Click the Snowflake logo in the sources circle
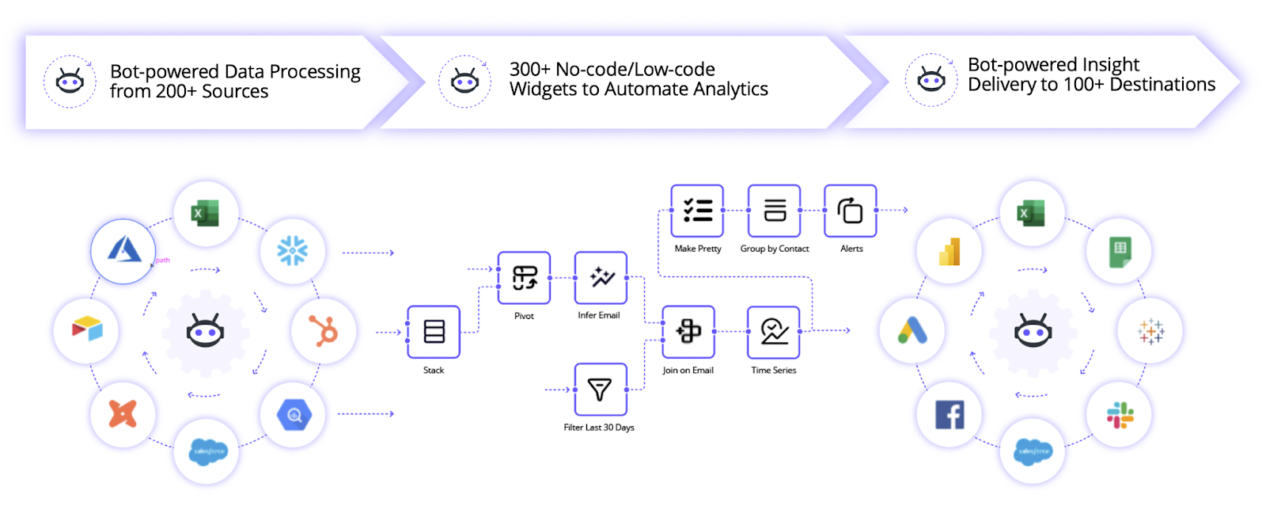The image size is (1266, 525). [x=292, y=251]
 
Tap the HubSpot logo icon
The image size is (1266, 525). [x=324, y=331]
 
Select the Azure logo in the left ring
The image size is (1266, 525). [x=123, y=251]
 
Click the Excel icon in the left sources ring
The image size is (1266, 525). [x=205, y=213]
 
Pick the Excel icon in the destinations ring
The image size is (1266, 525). [x=1031, y=213]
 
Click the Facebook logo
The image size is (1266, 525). [x=949, y=414]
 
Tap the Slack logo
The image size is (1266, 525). [x=1120, y=414]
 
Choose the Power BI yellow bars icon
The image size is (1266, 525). [x=949, y=252]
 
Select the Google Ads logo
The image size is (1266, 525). [x=912, y=330]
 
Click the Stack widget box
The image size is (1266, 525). [x=434, y=332]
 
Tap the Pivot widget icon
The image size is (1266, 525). [x=524, y=278]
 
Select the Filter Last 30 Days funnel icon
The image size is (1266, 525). [x=600, y=390]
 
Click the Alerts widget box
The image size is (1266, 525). [x=851, y=211]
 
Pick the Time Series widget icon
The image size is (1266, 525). [x=774, y=332]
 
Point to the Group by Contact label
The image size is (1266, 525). [x=775, y=249]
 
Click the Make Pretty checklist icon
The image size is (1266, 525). [x=697, y=211]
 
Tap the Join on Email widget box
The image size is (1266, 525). [x=688, y=332]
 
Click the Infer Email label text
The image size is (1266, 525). [x=599, y=315]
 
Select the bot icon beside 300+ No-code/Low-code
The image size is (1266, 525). [x=464, y=81]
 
